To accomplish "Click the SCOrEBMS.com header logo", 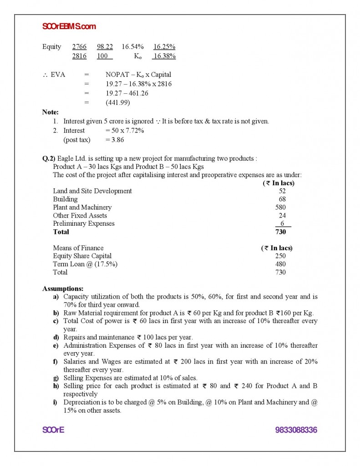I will (69, 26).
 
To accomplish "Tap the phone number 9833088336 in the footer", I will (296, 430).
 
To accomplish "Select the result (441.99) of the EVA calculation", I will (118, 102).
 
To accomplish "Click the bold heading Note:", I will (50, 112).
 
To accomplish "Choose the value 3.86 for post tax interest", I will (117, 140).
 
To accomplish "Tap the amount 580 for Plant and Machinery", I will (280, 207).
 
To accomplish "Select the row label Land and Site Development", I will (92, 191).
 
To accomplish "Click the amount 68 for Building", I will (282, 199).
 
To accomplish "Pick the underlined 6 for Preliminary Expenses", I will (283, 223).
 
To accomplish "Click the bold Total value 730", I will (280, 232).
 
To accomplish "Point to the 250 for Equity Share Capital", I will (280, 256).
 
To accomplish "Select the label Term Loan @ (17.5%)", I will (85, 264).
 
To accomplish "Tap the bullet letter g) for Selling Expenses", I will (56, 378).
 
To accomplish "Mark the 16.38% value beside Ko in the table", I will (164, 56).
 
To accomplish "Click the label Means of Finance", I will (78, 248).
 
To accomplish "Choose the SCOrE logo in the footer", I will (53, 430).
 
